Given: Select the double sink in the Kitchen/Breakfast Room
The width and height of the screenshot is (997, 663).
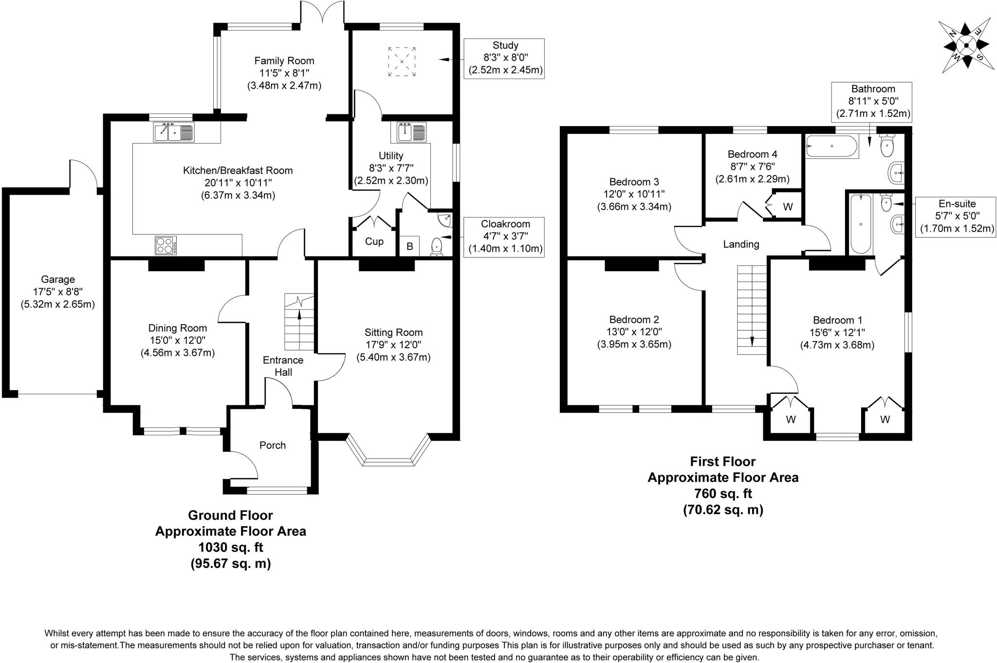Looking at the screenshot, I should [174, 132].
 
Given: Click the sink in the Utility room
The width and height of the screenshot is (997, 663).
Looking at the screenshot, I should [411, 132].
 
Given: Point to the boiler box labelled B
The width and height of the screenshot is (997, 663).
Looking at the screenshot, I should [409, 246].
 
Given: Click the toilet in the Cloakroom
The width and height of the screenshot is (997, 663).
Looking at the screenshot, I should [437, 247].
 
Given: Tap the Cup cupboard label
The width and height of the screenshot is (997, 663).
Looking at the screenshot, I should [374, 241].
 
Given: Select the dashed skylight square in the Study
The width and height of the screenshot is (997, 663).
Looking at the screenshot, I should [402, 62].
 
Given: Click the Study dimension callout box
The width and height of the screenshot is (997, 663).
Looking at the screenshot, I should [505, 58].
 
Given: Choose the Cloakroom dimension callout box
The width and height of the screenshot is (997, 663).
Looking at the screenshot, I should [505, 237].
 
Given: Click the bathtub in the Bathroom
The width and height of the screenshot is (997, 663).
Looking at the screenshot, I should [831, 146].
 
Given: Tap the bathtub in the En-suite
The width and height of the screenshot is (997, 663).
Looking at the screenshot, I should [861, 223].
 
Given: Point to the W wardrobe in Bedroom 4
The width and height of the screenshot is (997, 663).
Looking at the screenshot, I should [787, 207].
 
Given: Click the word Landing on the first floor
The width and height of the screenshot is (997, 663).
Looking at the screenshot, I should [740, 244].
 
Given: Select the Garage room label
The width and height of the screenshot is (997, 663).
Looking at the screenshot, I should [58, 279].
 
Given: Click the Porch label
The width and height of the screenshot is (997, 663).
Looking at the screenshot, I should [272, 445].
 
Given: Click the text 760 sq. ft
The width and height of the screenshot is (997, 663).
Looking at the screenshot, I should [722, 494].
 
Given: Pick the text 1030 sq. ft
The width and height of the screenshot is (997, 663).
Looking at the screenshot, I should [230, 547].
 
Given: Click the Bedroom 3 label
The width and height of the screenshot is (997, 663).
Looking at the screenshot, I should [634, 182].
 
